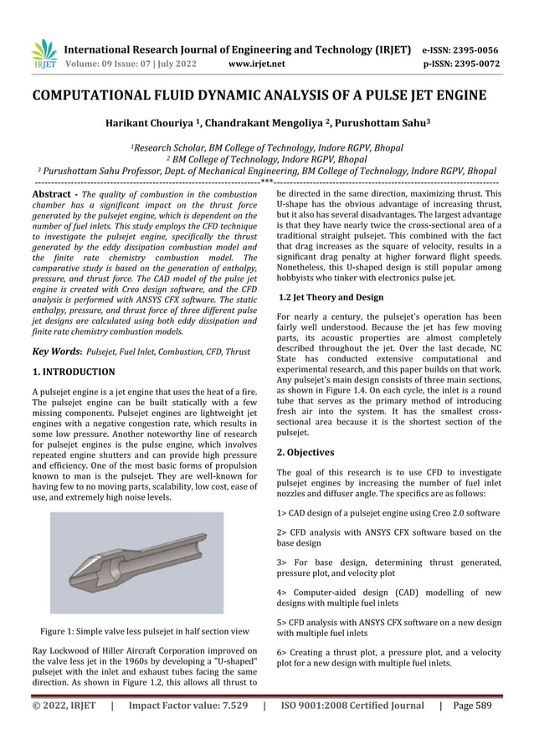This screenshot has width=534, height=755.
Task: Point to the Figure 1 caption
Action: click(145, 631)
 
